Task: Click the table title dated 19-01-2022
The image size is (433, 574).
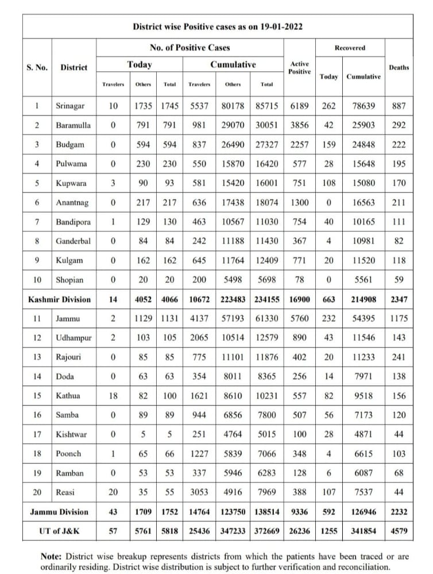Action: click(x=218, y=26)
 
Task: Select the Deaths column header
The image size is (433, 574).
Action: click(x=399, y=67)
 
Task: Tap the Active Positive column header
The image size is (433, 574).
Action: click(x=300, y=67)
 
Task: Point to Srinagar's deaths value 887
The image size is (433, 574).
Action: click(x=399, y=106)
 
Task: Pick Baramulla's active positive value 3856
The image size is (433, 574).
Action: click(x=300, y=125)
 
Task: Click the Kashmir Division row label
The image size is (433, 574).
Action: click(x=60, y=299)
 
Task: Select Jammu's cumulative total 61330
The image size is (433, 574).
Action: click(x=266, y=319)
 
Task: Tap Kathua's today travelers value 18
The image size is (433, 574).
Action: click(x=113, y=395)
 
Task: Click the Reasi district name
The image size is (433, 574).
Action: click(x=65, y=492)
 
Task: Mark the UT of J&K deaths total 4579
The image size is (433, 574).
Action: click(x=399, y=531)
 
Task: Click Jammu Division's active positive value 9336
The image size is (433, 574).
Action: click(x=300, y=511)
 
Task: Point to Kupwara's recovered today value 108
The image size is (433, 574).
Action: click(x=328, y=183)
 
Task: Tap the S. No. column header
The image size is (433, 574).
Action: click(x=37, y=67)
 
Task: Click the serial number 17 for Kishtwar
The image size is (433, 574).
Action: click(x=37, y=435)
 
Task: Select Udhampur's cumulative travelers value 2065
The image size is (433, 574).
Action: click(x=199, y=338)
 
